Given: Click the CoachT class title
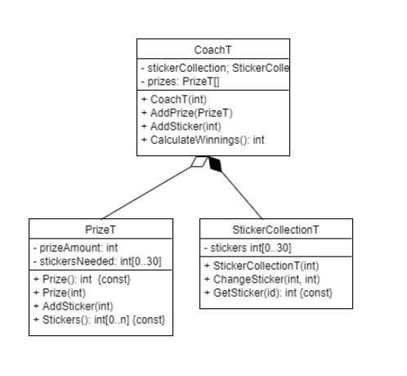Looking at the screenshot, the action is click(212, 50).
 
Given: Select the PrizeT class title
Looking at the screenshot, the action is click(101, 230).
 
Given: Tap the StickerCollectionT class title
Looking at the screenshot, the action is click(275, 230).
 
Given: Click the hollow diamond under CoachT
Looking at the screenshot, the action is click(199, 161).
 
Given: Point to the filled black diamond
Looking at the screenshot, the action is click(215, 164).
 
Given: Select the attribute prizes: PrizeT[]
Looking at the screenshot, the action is click(181, 82).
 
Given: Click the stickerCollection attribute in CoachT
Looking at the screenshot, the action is click(215, 68).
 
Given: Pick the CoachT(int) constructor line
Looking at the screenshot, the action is click(174, 100).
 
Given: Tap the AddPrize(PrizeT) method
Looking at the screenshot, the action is click(187, 113).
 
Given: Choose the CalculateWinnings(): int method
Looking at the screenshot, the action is click(203, 140).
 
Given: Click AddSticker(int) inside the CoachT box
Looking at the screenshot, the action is click(181, 127).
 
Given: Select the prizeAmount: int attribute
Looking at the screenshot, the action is click(75, 248).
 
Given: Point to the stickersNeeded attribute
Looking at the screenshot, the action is click(97, 262).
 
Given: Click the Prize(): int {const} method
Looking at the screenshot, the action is click(82, 280).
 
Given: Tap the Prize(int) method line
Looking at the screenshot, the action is click(60, 293).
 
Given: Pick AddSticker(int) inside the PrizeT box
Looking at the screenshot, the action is click(74, 307).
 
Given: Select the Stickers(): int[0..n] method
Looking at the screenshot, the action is click(99, 320).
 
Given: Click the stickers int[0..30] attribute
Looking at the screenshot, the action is click(248, 248).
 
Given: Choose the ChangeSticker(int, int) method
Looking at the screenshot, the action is click(262, 280).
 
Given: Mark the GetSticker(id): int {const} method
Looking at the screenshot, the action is click(268, 293).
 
